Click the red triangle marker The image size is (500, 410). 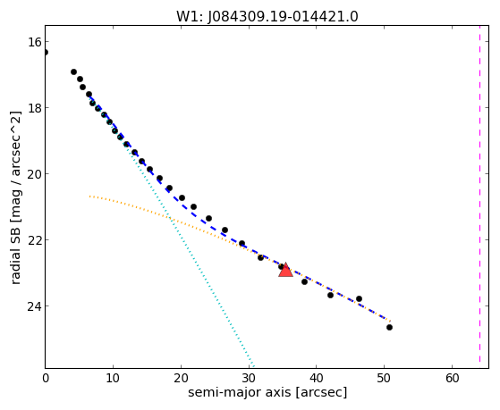(x=285, y=270)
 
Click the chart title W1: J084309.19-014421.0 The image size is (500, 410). (x=267, y=16)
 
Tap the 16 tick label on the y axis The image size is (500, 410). (x=34, y=42)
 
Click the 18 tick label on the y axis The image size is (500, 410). (x=34, y=108)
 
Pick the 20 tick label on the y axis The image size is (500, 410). (x=34, y=174)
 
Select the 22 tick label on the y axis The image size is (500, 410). (x=34, y=240)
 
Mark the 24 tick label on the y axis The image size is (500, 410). (x=34, y=306)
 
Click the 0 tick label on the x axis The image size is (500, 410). (x=46, y=378)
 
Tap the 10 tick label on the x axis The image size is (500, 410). (x=113, y=378)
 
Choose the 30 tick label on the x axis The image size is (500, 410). (x=249, y=378)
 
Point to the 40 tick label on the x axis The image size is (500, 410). (x=316, y=378)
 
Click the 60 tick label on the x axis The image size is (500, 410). (x=452, y=378)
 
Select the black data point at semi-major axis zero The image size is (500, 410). (x=46, y=52)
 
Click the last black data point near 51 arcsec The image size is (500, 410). (x=389, y=327)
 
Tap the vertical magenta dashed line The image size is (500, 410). (x=479, y=197)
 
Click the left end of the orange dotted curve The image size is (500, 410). (x=90, y=197)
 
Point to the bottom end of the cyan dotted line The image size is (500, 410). (x=253, y=366)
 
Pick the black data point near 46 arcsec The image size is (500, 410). (x=359, y=299)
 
